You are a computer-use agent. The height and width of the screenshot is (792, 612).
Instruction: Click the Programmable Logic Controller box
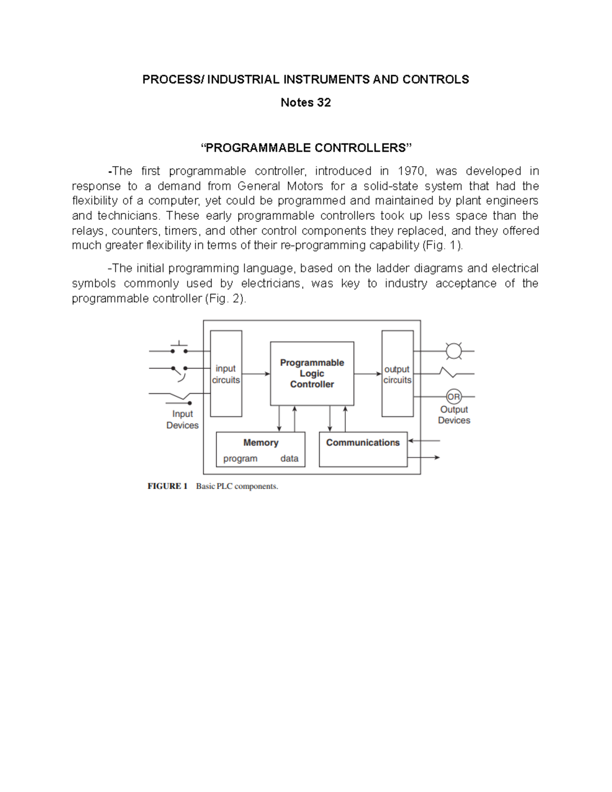312,373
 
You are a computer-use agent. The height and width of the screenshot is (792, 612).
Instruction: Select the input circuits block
226,374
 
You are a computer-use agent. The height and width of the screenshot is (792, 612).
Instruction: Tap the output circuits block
397,374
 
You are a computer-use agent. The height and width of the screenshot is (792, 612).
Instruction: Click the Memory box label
261,443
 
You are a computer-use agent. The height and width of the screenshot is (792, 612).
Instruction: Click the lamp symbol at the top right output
453,351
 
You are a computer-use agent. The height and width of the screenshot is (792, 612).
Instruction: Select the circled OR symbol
453,396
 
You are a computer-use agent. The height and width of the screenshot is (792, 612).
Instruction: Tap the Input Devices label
182,420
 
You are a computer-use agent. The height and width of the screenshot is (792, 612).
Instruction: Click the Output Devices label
454,415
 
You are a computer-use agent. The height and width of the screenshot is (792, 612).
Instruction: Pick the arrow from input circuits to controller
256,374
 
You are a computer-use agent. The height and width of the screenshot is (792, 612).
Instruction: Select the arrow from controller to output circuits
368,374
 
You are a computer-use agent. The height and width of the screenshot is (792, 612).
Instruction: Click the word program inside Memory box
240,458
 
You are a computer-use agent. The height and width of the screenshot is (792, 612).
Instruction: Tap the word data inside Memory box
289,458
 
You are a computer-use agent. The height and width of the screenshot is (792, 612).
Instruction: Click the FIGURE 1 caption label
168,486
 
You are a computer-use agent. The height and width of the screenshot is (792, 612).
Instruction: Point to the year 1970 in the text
411,171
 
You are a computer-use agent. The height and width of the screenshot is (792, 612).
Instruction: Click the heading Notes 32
305,103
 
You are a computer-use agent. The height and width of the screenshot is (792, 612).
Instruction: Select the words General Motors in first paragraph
280,186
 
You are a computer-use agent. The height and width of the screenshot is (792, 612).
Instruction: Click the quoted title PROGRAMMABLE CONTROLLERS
306,148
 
